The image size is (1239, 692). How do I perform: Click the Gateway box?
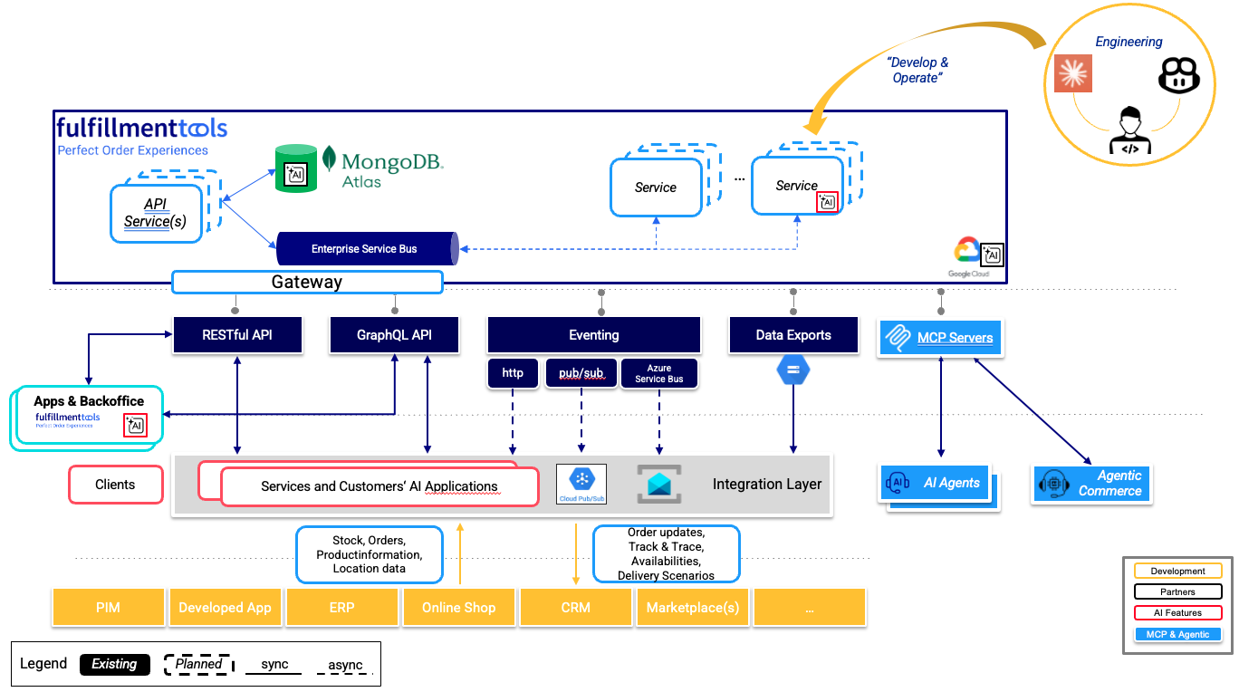tap(307, 282)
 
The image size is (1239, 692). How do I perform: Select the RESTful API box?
tap(237, 335)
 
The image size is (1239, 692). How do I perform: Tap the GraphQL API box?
tap(394, 335)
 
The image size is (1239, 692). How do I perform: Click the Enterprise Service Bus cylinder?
tap(365, 248)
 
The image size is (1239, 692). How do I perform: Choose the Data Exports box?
tap(793, 335)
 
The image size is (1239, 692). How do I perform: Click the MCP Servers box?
tap(941, 338)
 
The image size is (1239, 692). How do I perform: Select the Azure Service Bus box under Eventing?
tap(658, 374)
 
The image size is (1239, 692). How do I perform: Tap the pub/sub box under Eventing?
tap(581, 373)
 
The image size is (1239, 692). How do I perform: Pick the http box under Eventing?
tap(513, 373)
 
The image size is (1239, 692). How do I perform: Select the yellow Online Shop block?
tap(458, 608)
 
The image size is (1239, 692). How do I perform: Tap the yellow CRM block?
tap(575, 608)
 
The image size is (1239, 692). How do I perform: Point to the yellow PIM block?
tap(108, 608)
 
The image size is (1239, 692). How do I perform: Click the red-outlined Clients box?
tap(115, 485)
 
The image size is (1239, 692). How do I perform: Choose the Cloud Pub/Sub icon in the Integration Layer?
tap(581, 484)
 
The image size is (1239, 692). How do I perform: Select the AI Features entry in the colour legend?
tap(1177, 613)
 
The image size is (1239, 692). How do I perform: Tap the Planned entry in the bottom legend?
tap(198, 664)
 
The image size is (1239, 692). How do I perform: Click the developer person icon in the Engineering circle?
tap(1129, 131)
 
